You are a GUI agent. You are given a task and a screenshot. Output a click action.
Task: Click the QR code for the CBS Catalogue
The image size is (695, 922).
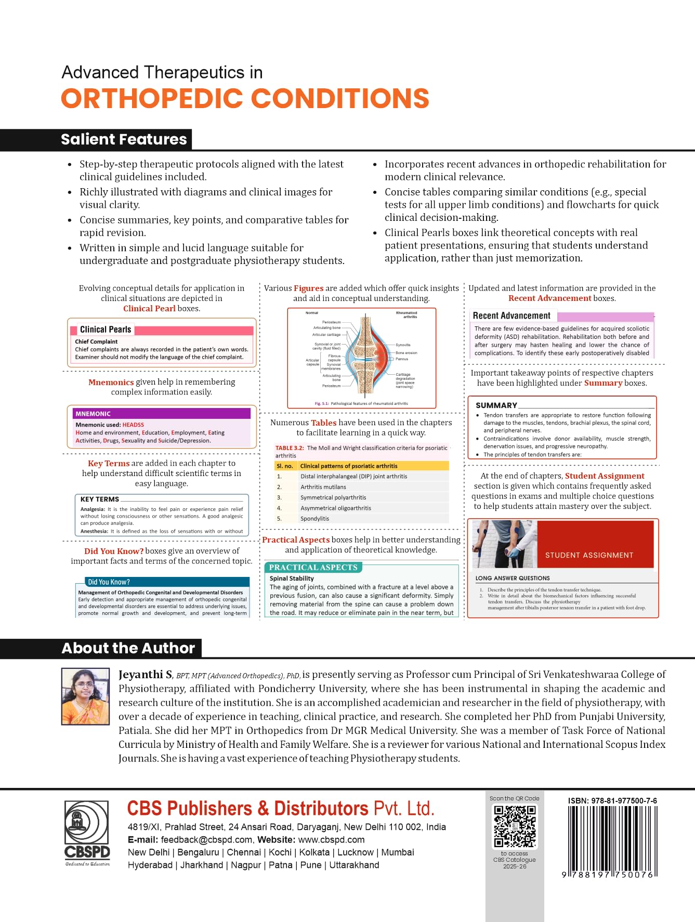[x=515, y=826]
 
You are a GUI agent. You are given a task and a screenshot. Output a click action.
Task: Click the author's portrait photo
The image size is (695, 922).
[x=86, y=696]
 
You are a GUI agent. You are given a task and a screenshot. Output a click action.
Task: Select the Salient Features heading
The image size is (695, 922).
[x=124, y=139]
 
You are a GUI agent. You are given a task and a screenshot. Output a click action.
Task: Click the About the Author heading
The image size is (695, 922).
[x=128, y=648]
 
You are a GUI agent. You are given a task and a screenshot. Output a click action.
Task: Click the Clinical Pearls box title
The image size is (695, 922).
[x=106, y=330]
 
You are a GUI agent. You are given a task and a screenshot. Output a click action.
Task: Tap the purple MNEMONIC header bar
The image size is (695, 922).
[x=162, y=414]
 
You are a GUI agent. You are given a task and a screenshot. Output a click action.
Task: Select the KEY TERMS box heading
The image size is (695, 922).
[x=100, y=499]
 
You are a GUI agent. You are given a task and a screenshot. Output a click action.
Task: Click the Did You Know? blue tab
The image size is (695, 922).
[x=109, y=582]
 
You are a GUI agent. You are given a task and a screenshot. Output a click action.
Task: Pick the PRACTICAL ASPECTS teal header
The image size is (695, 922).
[x=313, y=568]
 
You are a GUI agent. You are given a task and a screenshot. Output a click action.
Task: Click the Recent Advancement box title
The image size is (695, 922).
[x=512, y=315]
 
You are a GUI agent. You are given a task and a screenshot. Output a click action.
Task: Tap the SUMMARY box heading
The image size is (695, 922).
[x=496, y=405]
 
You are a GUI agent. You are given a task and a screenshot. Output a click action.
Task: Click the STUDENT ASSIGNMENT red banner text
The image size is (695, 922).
[x=589, y=555]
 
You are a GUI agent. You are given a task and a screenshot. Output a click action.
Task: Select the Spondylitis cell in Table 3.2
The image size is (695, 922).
[x=315, y=519]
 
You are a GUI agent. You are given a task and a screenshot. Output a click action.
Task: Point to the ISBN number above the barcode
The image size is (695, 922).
[x=612, y=801]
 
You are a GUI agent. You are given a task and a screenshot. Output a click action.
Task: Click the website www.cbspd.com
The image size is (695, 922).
[x=331, y=840]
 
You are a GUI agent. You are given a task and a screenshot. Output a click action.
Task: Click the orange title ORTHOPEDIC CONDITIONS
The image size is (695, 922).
[x=245, y=99]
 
